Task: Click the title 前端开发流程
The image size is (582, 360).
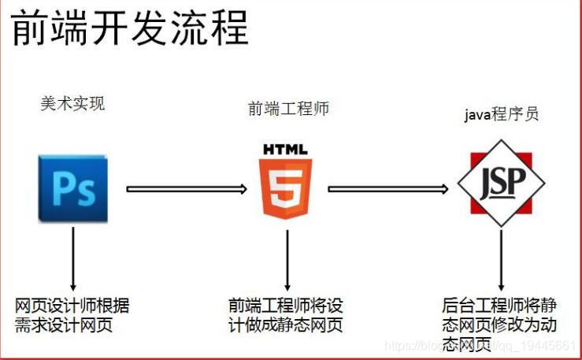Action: click(129, 29)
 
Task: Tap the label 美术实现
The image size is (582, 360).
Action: click(72, 103)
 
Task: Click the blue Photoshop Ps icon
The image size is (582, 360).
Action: click(72, 189)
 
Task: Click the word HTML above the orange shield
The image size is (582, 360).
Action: click(286, 149)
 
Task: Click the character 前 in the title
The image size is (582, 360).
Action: click(29, 29)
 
